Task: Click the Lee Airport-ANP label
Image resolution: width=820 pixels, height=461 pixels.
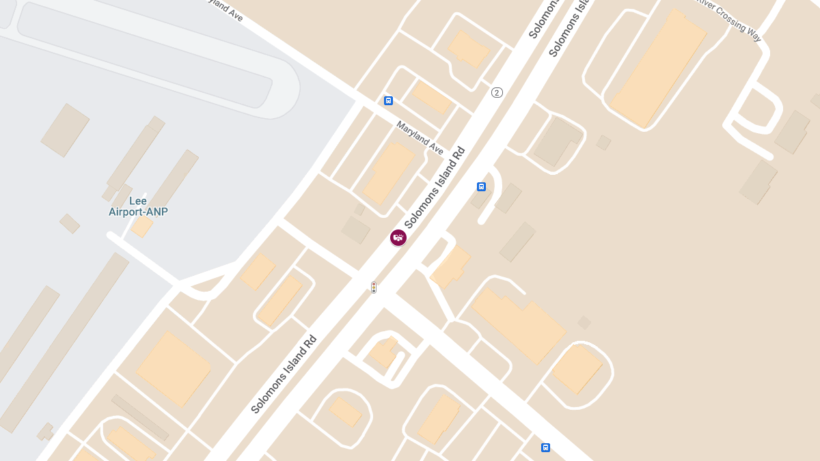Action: click(138, 206)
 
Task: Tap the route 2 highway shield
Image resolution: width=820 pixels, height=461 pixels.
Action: click(497, 92)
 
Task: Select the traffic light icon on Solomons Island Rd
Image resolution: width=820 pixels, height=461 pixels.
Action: click(374, 288)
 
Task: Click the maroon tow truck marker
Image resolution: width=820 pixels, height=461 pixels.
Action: click(398, 238)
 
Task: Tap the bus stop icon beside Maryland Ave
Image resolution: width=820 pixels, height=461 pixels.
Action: click(388, 100)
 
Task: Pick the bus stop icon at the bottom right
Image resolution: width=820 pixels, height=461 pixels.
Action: click(545, 447)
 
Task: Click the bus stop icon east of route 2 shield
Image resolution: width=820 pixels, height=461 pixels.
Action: click(481, 186)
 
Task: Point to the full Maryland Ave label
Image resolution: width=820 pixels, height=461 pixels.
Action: click(420, 137)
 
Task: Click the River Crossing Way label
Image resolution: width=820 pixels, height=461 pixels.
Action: click(729, 18)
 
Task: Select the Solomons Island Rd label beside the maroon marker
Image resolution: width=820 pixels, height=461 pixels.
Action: click(435, 187)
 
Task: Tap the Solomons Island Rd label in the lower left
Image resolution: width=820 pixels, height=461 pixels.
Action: click(284, 374)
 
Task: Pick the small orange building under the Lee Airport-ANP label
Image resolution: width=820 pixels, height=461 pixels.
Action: click(142, 227)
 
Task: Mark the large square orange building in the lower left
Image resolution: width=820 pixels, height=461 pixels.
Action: click(174, 369)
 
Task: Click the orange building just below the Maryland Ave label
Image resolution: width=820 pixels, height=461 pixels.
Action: click(389, 172)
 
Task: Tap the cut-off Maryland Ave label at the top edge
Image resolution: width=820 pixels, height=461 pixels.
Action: click(225, 9)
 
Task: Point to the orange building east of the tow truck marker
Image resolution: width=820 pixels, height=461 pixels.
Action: click(450, 266)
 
